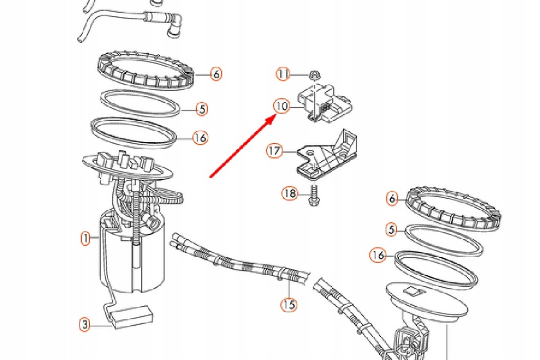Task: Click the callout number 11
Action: pyautogui.click(x=284, y=74)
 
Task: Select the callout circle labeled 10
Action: pyautogui.click(x=282, y=106)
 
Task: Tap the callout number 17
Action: pyautogui.click(x=274, y=151)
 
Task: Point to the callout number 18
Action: pyautogui.click(x=290, y=193)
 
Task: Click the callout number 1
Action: pyautogui.click(x=85, y=239)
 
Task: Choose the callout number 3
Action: pyautogui.click(x=85, y=324)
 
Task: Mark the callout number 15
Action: pyautogui.click(x=288, y=304)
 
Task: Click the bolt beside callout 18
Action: pyautogui.click(x=314, y=194)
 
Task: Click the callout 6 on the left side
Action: pyautogui.click(x=216, y=74)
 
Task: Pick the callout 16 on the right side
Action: pyautogui.click(x=377, y=255)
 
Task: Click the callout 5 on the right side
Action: pyautogui.click(x=391, y=230)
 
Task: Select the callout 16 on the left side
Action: pyautogui.click(x=200, y=138)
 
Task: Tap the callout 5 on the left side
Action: pyautogui.click(x=201, y=109)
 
